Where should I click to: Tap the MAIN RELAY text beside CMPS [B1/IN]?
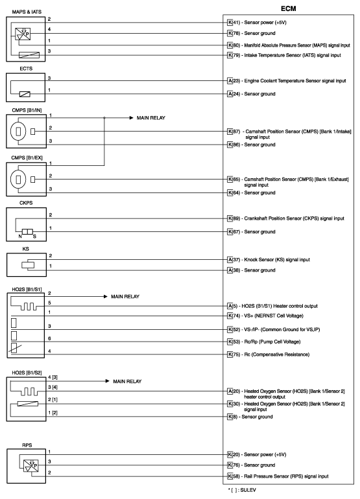tap(150, 119)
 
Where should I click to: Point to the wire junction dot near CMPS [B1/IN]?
tap(105, 119)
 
